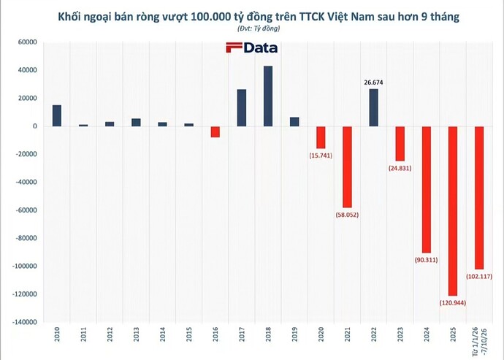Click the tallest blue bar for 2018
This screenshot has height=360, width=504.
click(x=268, y=96)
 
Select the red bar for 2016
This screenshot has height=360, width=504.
click(x=215, y=131)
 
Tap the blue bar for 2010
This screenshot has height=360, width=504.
click(x=57, y=115)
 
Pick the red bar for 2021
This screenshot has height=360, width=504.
click(x=347, y=166)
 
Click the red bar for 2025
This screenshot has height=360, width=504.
click(x=453, y=211)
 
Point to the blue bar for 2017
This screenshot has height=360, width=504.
click(x=242, y=107)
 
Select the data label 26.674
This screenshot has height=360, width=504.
click(x=373, y=83)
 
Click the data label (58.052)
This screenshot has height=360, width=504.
click(x=347, y=215)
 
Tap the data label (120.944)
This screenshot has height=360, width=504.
click(x=453, y=303)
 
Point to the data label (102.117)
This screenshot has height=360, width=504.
click(x=479, y=276)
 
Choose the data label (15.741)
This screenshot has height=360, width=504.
click(x=321, y=156)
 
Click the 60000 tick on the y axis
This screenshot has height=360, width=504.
click(x=28, y=42)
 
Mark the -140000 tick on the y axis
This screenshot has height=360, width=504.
click(x=25, y=322)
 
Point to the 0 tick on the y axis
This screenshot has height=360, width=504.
click(x=35, y=126)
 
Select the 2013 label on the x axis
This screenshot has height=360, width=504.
click(x=136, y=334)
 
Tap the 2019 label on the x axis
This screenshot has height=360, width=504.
click(x=294, y=334)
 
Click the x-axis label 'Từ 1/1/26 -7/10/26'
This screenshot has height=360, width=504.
click(x=479, y=342)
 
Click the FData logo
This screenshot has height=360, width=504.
click(x=252, y=47)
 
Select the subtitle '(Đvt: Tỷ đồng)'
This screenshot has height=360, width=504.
click(x=259, y=28)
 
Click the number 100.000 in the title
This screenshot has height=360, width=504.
click(x=210, y=16)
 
